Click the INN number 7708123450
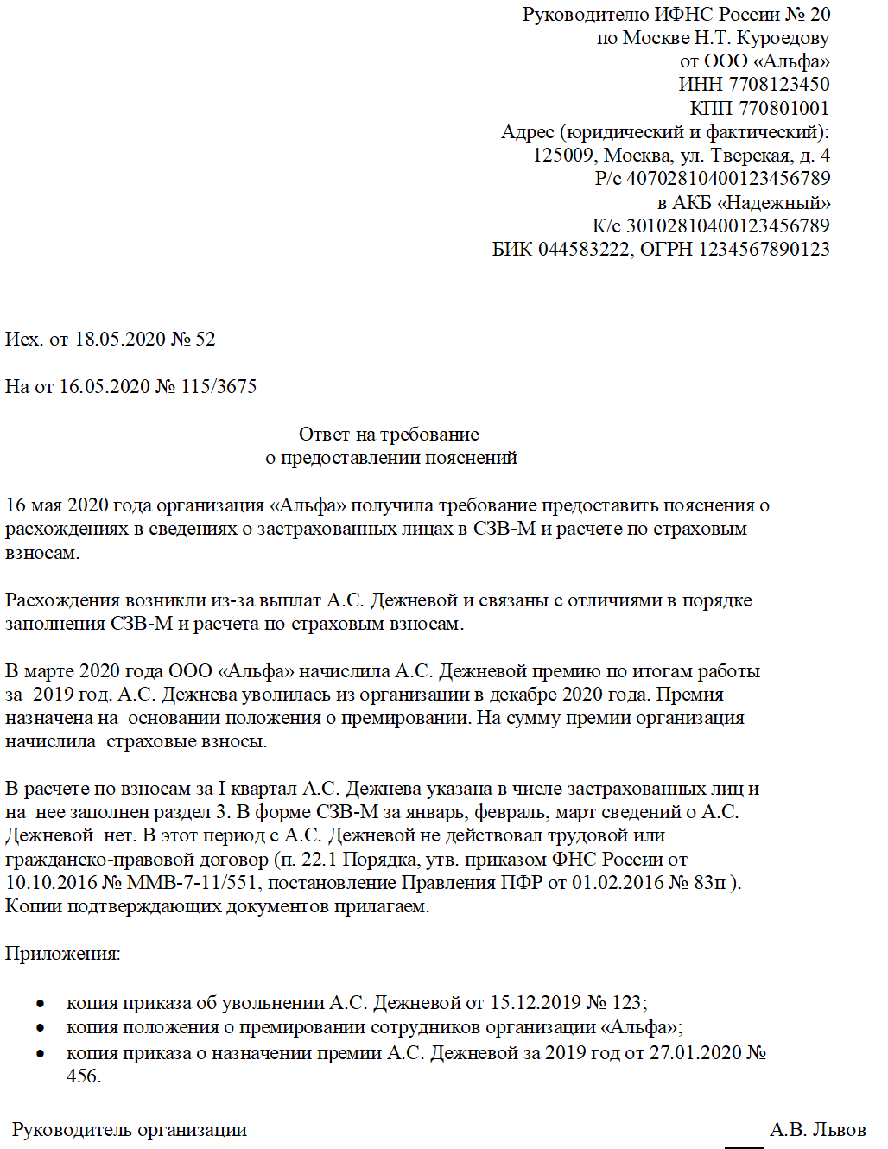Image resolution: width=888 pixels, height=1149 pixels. [779, 85]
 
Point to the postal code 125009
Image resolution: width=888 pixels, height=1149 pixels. [563, 156]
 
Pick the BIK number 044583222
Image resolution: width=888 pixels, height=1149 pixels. [584, 250]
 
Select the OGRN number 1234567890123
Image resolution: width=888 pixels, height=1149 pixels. [764, 250]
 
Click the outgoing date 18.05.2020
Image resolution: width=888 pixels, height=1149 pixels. [120, 340]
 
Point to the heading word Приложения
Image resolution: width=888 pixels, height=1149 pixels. [62, 954]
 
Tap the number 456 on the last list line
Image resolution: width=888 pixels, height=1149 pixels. [82, 1076]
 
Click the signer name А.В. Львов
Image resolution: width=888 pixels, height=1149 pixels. [817, 1130]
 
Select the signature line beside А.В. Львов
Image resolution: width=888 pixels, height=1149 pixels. [744, 1147]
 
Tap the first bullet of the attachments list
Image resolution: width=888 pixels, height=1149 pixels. [40, 1004]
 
